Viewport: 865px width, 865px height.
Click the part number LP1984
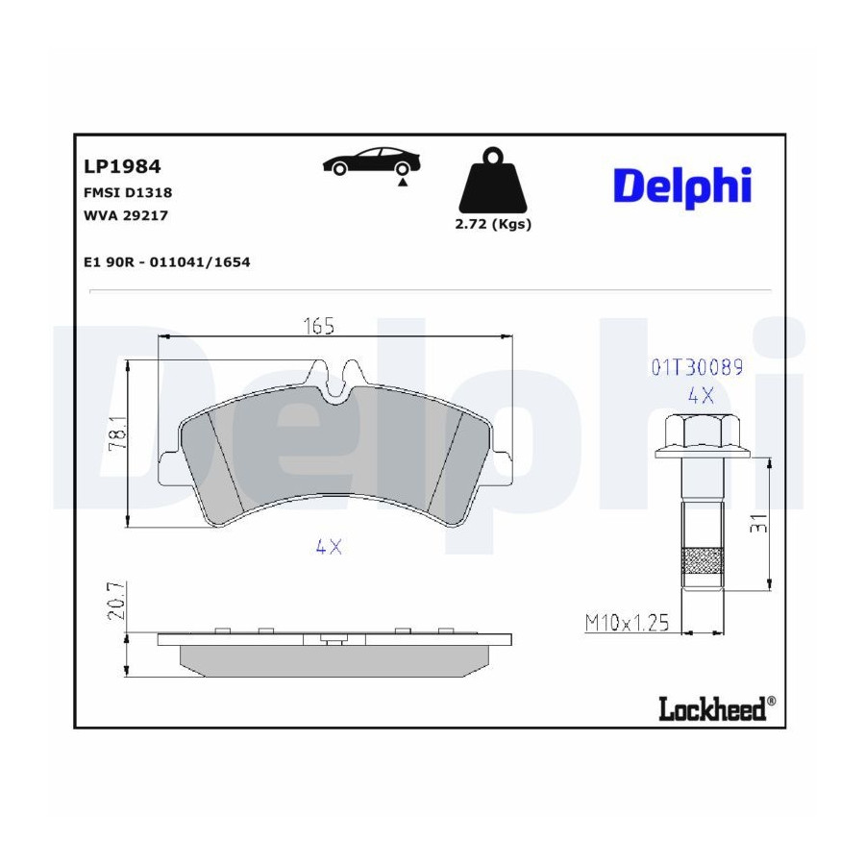click(x=122, y=166)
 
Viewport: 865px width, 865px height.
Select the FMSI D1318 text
click(x=128, y=192)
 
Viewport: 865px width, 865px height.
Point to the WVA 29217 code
click(x=125, y=215)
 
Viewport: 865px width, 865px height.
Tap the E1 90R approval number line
click(x=166, y=262)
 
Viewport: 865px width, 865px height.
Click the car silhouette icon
click(x=371, y=161)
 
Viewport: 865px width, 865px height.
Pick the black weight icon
click(x=493, y=181)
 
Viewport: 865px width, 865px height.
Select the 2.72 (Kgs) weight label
click(x=493, y=225)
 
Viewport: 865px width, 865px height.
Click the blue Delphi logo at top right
click(x=682, y=185)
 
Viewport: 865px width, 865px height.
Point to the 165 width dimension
click(x=319, y=327)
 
